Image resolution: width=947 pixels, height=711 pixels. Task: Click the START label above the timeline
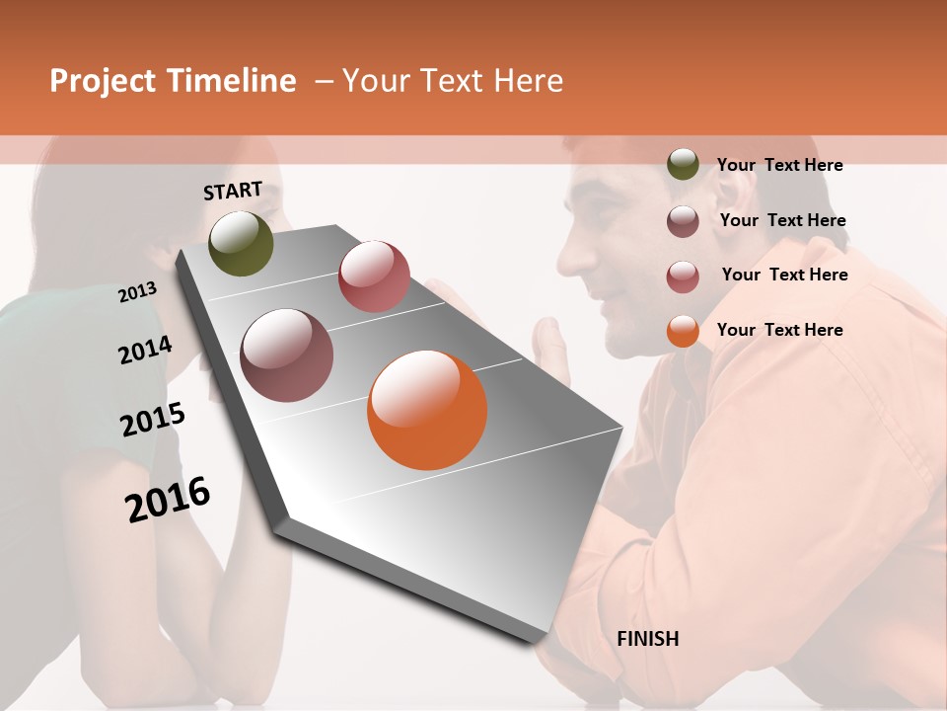pos(233,191)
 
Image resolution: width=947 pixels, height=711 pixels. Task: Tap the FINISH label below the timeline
pos(647,639)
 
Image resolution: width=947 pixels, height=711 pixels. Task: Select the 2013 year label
pos(137,291)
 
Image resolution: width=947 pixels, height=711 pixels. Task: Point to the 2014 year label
pos(145,350)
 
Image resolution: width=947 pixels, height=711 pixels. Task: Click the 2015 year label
pos(153,420)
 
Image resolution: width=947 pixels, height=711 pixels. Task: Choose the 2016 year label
pos(168,499)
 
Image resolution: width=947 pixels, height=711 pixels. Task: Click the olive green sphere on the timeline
pos(241,243)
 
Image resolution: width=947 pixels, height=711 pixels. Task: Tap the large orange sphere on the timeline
pos(427,410)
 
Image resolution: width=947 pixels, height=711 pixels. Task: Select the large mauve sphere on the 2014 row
pos(287,355)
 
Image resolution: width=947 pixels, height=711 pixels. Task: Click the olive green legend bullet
pos(683,165)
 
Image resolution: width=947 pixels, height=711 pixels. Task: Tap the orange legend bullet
pos(683,331)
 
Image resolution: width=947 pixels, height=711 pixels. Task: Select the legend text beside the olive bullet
pos(779,165)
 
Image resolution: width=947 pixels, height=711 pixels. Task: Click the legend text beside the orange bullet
pos(779,330)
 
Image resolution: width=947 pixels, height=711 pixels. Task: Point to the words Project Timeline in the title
pos(173,81)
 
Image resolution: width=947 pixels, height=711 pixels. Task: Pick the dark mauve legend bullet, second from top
pos(683,221)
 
